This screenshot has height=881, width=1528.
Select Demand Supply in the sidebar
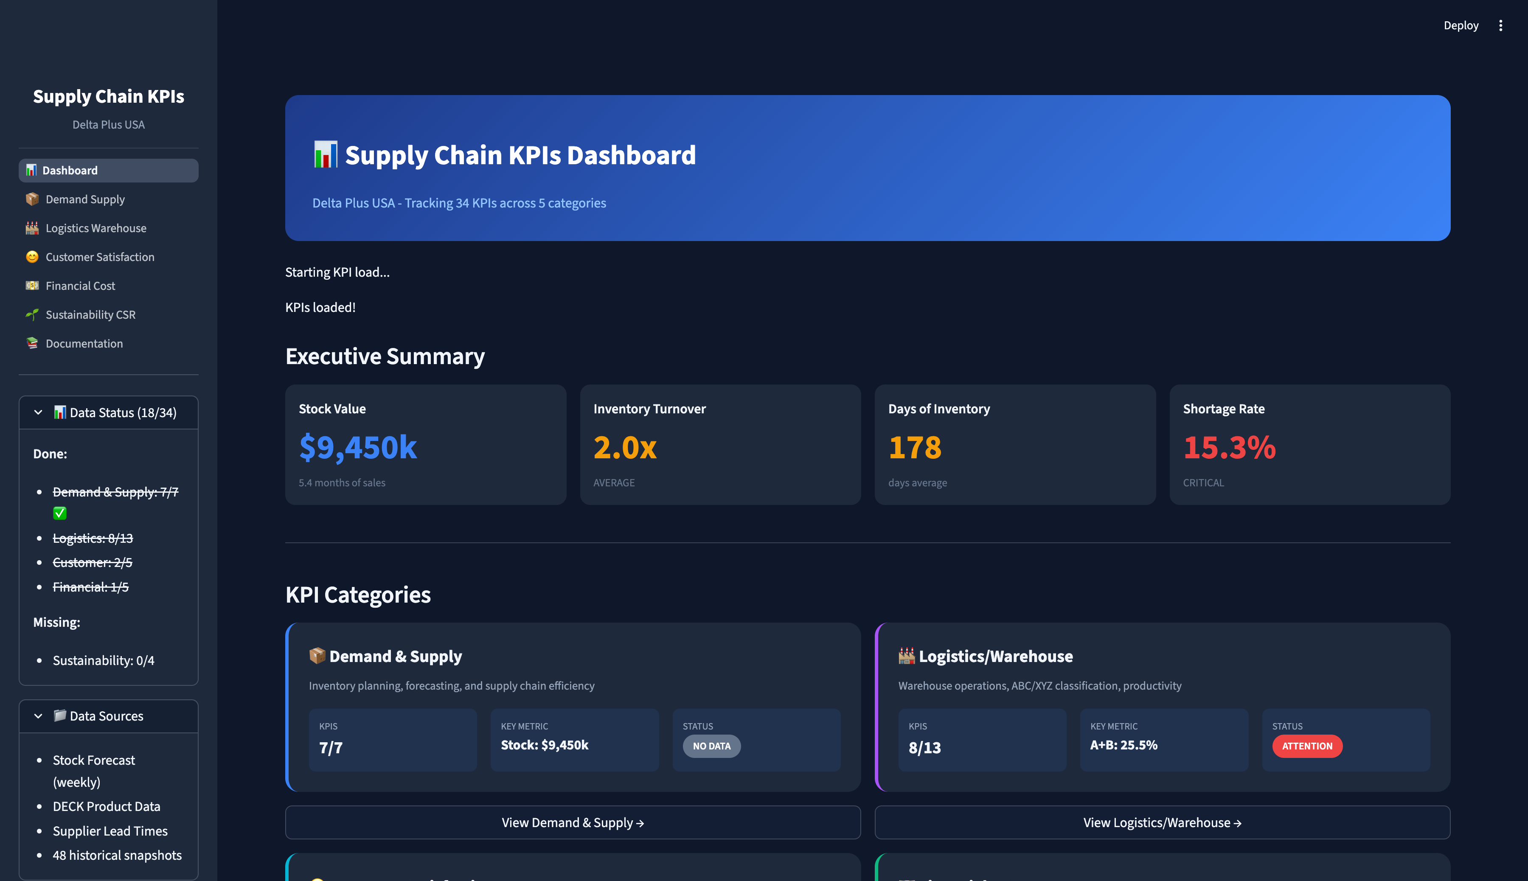click(x=85, y=199)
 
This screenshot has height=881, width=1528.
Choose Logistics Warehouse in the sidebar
click(x=95, y=228)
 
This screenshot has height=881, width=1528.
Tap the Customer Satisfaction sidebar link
click(x=100, y=257)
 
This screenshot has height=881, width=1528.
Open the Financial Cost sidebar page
click(x=80, y=286)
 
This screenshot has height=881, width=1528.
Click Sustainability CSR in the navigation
click(x=90, y=314)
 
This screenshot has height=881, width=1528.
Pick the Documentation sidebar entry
click(x=84, y=344)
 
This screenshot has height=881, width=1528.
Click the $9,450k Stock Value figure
click(x=358, y=448)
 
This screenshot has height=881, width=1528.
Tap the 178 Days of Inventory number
click(x=914, y=448)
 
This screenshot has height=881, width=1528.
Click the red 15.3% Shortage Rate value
click(x=1229, y=448)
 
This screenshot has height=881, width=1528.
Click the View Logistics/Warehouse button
click(x=1162, y=822)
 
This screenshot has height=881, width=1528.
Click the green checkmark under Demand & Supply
click(x=59, y=513)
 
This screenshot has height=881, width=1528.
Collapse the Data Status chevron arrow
click(x=38, y=412)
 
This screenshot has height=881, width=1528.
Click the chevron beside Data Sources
click(x=38, y=716)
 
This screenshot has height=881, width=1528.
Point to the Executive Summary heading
click(x=385, y=356)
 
